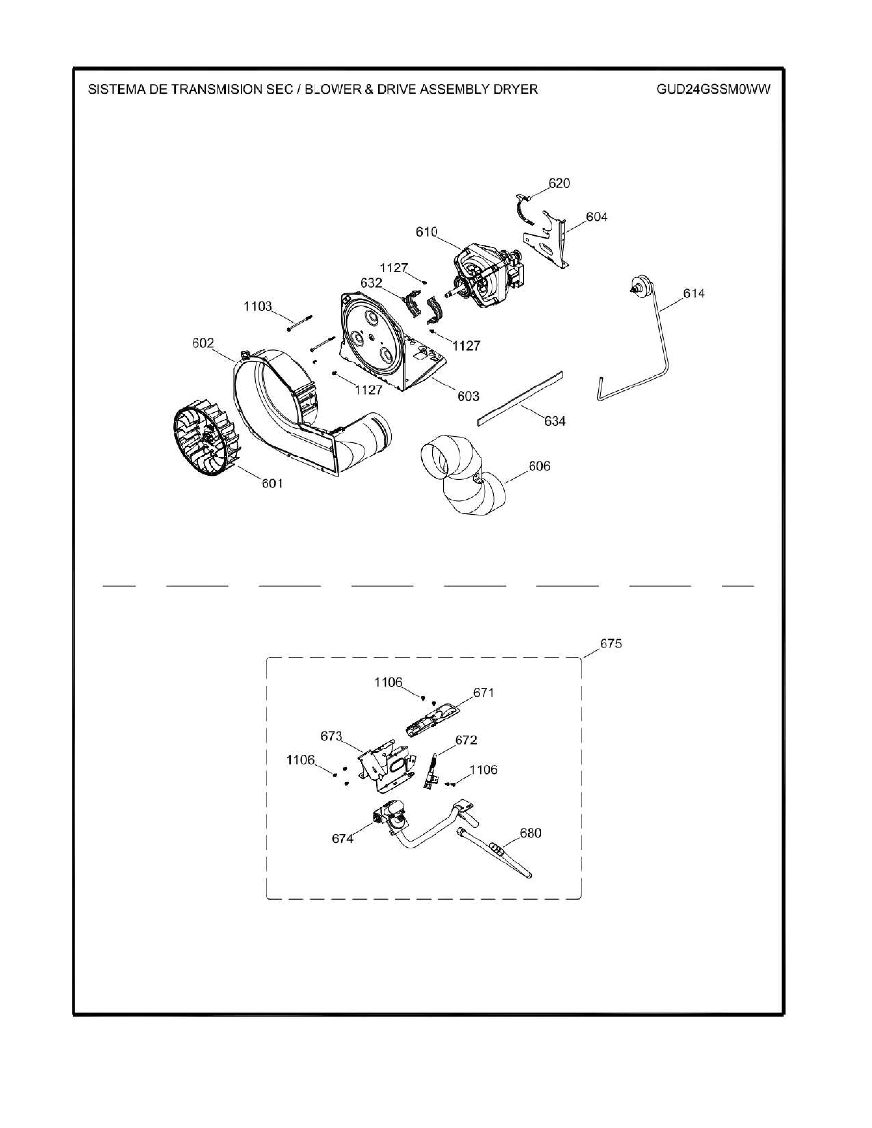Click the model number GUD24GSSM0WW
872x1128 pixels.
pos(713,89)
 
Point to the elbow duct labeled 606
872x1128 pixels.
pos(463,476)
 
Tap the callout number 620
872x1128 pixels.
pos(559,183)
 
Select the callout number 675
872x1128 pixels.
pos(611,644)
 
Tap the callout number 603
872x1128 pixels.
pos(468,396)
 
